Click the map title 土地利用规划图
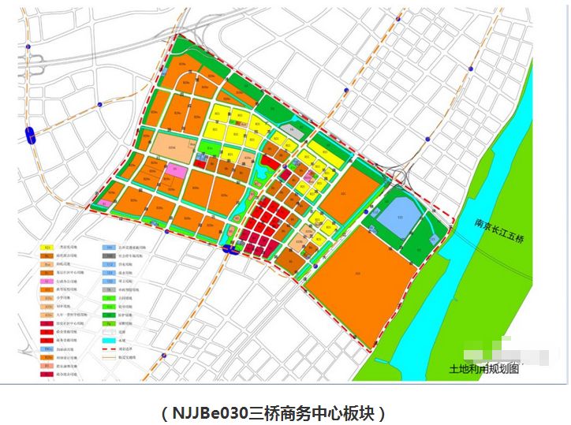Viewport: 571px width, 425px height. point(484,369)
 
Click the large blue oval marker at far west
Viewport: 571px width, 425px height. point(30,135)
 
